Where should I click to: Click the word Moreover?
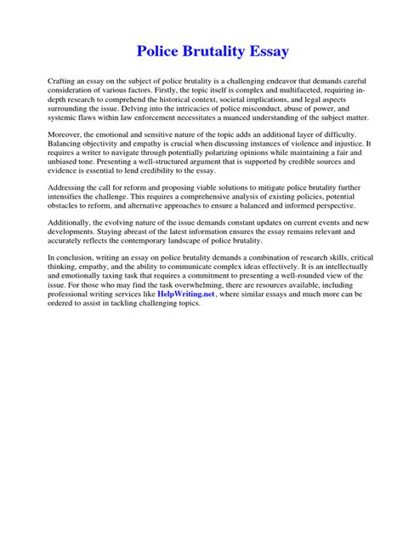point(66,134)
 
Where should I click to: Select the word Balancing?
point(67,145)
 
